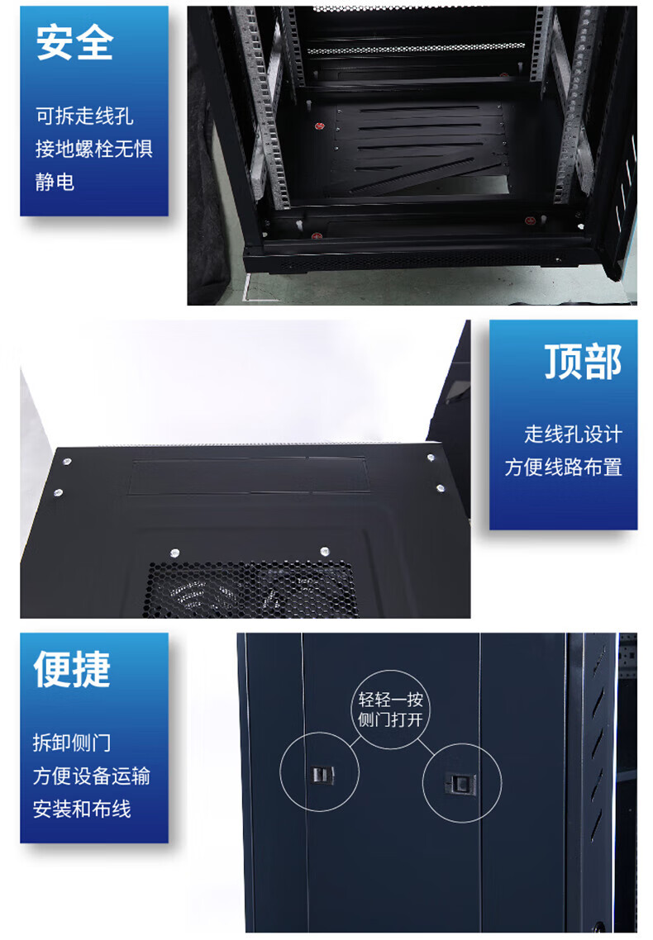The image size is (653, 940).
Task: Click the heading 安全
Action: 75,43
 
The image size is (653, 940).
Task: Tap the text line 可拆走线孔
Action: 84,116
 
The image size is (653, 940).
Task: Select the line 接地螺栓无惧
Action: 94,149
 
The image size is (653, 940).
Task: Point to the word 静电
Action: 55,182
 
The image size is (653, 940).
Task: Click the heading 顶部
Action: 583,362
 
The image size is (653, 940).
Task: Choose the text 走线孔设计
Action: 574,434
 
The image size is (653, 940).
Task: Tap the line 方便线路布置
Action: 563,467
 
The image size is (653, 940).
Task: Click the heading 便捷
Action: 73,669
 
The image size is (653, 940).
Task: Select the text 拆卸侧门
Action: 72,743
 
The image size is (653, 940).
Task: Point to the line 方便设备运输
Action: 92,776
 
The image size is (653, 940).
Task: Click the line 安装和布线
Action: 82,809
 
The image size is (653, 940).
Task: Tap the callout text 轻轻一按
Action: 391,699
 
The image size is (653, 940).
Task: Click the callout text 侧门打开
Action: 391,719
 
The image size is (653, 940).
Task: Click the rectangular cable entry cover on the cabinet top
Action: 248,477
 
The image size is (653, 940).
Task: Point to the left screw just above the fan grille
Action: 174,552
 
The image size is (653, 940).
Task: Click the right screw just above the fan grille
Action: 324,550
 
